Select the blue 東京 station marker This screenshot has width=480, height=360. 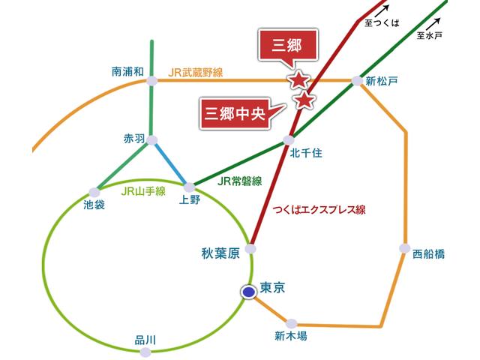(x=247, y=292)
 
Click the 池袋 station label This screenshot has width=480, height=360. (x=94, y=205)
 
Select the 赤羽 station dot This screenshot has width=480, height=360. (x=152, y=140)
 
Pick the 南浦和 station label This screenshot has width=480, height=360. (x=127, y=73)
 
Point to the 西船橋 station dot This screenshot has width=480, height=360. (x=405, y=248)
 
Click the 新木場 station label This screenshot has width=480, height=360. (x=290, y=336)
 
